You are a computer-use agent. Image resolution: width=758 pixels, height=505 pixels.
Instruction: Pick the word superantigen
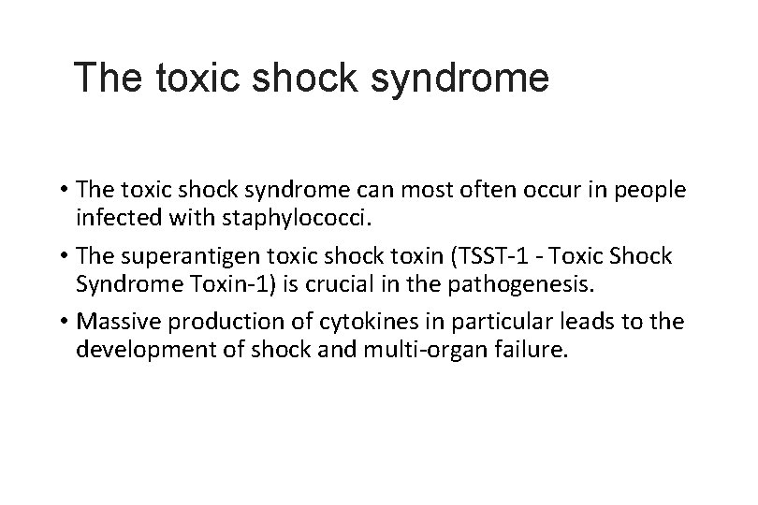199,256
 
